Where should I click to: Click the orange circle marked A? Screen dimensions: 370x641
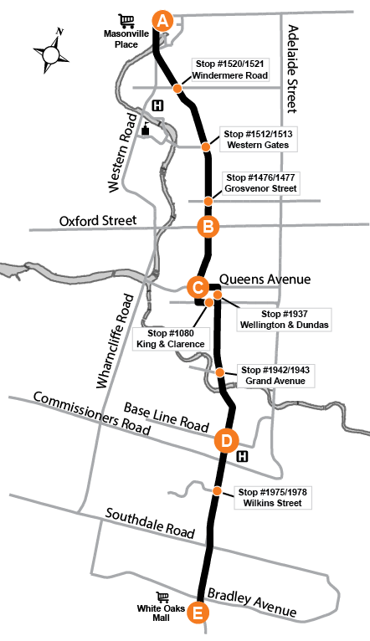(162, 21)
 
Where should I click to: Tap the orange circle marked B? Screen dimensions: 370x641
(208, 227)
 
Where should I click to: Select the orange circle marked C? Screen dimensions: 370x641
(198, 287)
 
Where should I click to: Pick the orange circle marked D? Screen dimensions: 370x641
(226, 441)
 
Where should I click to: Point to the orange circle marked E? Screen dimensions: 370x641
(198, 613)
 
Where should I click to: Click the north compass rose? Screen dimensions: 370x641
(52, 53)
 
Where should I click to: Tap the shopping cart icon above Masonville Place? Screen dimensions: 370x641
(126, 21)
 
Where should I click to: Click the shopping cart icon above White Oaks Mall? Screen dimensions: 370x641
(162, 597)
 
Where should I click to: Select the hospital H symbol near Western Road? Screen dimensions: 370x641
(157, 106)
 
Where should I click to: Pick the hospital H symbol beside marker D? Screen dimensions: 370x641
(243, 456)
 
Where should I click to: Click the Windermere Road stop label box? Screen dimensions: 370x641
(230, 69)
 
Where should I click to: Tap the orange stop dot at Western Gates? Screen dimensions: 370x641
(206, 146)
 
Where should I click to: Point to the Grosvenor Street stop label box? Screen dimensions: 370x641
(260, 182)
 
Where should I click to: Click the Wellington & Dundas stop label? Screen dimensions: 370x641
(284, 320)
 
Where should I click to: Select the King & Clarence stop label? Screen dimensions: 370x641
(171, 339)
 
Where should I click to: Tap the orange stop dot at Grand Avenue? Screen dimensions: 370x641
(220, 372)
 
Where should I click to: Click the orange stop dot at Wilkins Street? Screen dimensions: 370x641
(217, 491)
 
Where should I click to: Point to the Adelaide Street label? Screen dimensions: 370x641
(293, 69)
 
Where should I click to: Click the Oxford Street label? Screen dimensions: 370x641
(98, 221)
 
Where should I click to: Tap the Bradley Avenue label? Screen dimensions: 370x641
(252, 603)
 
